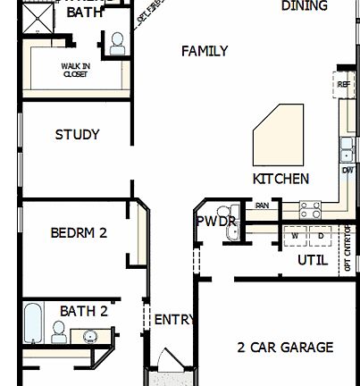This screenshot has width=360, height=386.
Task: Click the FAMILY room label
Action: [204, 52]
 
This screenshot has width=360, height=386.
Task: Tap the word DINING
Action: [304, 6]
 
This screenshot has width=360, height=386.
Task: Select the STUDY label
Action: [77, 135]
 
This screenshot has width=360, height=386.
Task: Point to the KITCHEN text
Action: [280, 179]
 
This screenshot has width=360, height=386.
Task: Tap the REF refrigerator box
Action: [344, 85]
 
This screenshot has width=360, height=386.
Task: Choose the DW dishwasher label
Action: [347, 169]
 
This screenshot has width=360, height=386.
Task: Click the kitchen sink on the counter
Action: [347, 145]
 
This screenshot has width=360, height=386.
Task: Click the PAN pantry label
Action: [262, 206]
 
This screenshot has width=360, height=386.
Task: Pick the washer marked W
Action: [294, 236]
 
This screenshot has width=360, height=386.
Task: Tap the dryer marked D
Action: [321, 236]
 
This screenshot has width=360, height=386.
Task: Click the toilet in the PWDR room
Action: [234, 231]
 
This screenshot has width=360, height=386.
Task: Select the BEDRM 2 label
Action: [79, 232]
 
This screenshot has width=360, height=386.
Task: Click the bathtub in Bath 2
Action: [33, 323]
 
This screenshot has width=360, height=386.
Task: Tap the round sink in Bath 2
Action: [90, 336]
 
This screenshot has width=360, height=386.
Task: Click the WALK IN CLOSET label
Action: [75, 69]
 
